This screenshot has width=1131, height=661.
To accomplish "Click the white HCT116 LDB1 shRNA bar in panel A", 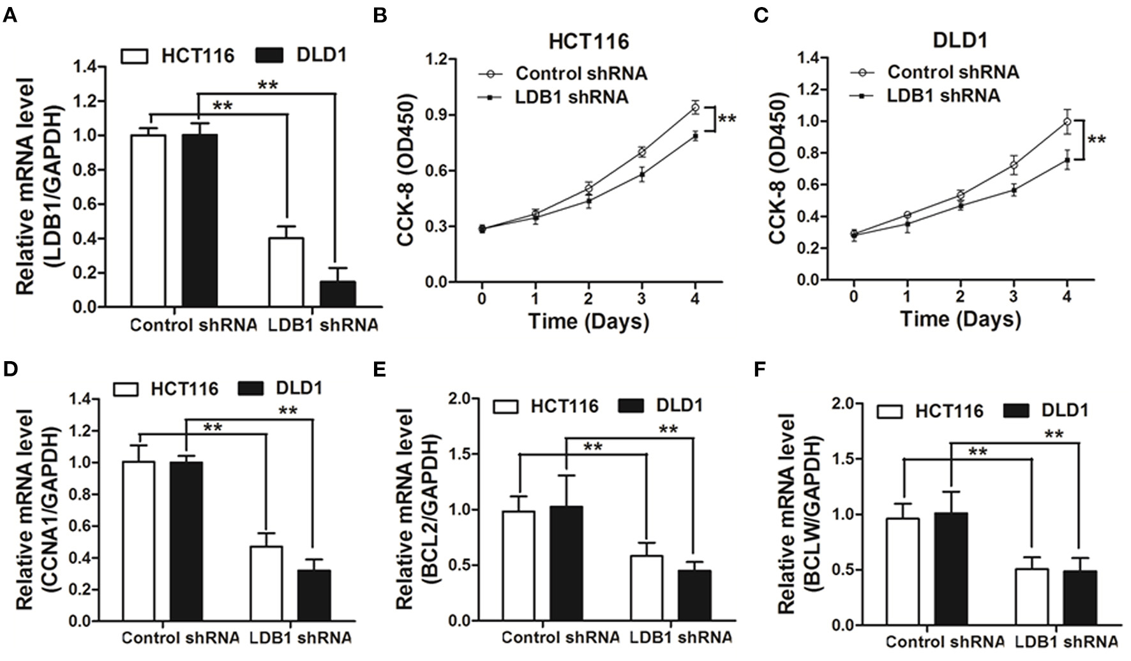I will pyautogui.click(x=286, y=272).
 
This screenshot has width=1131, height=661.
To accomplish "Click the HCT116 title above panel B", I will pyautogui.click(x=588, y=41).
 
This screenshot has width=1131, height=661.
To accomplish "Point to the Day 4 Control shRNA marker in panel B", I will pyautogui.click(x=695, y=107).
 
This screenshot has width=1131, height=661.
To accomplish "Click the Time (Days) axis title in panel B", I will pyautogui.click(x=588, y=320).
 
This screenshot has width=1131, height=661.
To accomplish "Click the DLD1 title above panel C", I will pyautogui.click(x=959, y=40).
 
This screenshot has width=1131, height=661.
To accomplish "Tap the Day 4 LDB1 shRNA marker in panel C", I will pyautogui.click(x=1067, y=160).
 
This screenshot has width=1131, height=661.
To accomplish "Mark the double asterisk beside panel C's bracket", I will pyautogui.click(x=1096, y=140).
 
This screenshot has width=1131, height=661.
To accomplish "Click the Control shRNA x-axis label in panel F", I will pyautogui.click(x=945, y=641).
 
